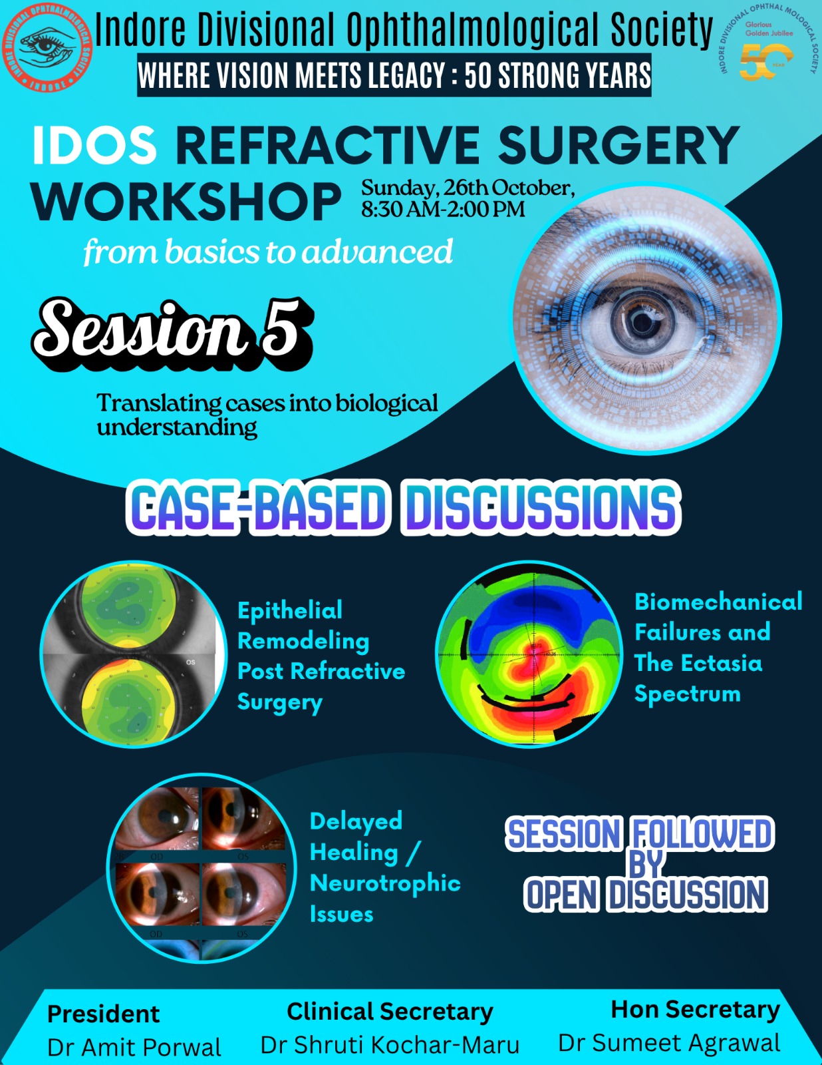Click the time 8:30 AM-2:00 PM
tap(443, 210)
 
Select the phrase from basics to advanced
tap(268, 252)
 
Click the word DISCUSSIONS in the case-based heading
tap(543, 507)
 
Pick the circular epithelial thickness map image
tap(133, 654)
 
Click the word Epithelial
tap(290, 610)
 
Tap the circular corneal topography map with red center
tap(530, 654)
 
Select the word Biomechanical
tap(718, 602)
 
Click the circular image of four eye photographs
tap(202, 867)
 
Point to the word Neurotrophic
tap(385, 883)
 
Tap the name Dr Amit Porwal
tap(134, 1047)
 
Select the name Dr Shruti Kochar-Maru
tap(390, 1045)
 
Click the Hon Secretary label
tap(695, 1010)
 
